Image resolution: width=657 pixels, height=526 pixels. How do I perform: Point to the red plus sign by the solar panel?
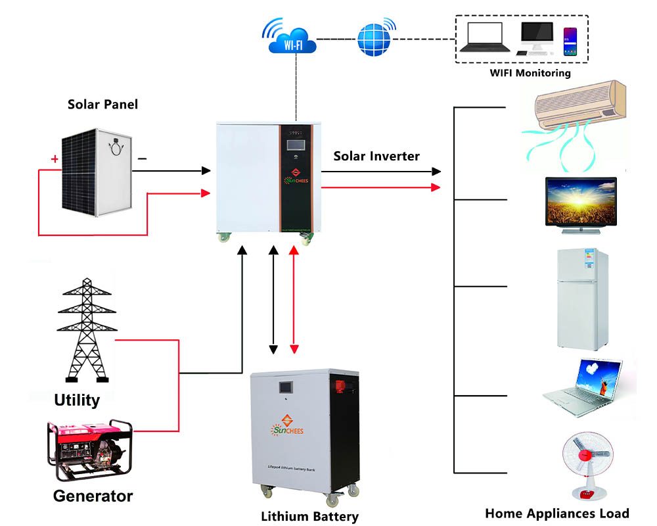click(x=54, y=158)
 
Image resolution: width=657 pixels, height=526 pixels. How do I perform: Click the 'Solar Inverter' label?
click(x=376, y=156)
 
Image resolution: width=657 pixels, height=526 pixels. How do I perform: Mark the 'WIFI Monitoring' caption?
click(x=530, y=73)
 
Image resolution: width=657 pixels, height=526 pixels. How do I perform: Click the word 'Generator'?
click(x=93, y=496)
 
